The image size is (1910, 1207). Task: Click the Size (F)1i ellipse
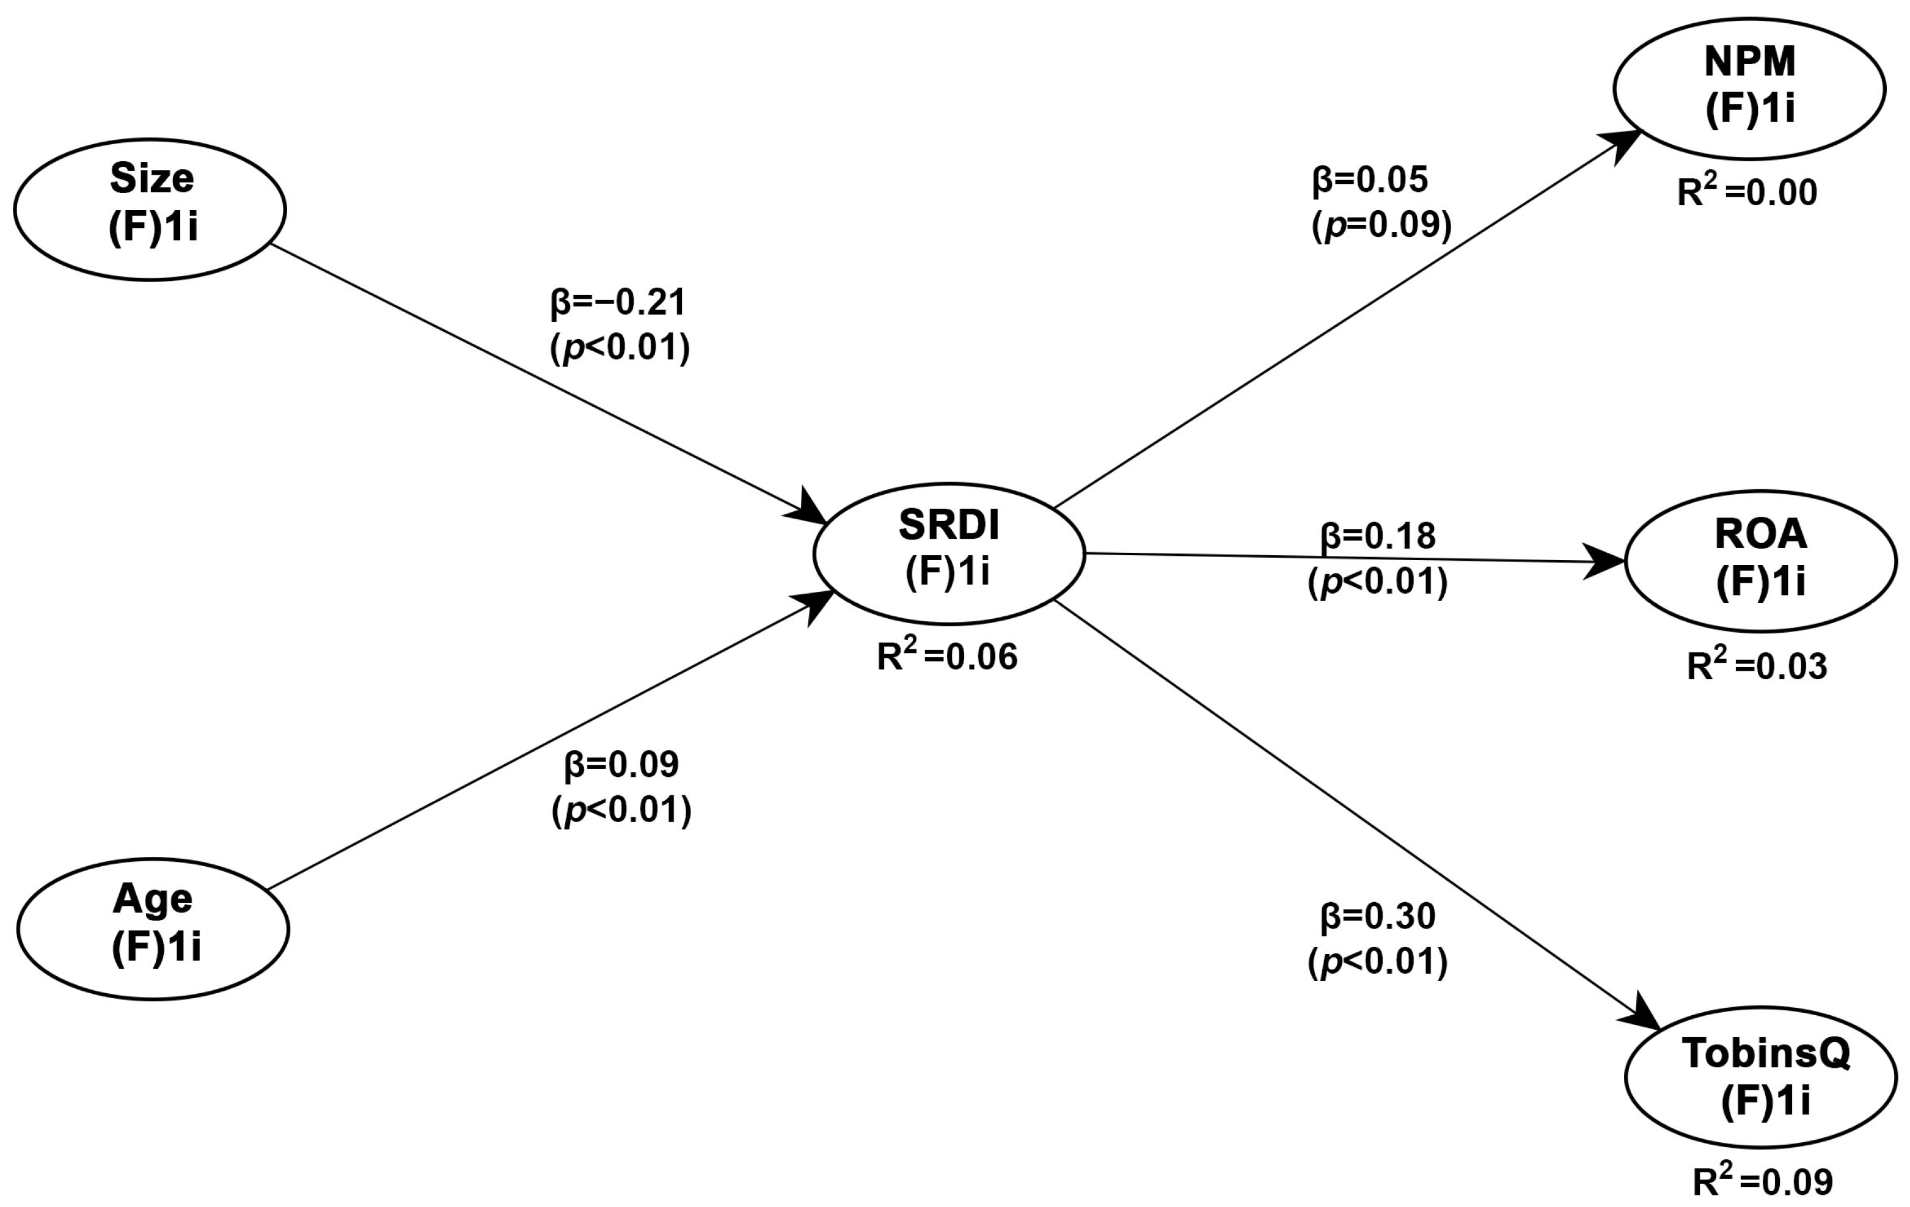(150, 210)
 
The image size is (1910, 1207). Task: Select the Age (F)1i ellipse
(153, 928)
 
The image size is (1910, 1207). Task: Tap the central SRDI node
(949, 553)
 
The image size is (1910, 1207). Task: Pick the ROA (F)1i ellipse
(1761, 561)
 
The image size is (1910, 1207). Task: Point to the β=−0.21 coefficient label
(618, 302)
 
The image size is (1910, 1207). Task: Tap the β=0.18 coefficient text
(1378, 537)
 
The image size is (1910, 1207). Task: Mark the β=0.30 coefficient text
(1378, 917)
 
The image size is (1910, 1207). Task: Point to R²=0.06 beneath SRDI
(947, 657)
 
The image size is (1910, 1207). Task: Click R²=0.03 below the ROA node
(1757, 667)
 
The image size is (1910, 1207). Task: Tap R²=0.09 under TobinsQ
(1763, 1181)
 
